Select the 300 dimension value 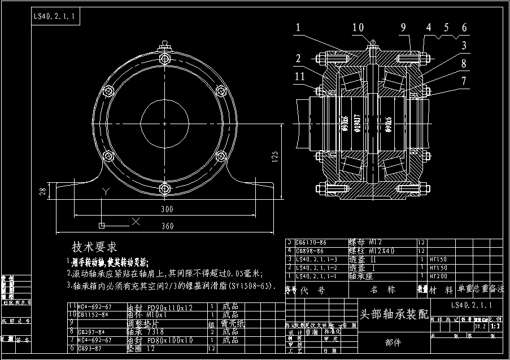(166, 209)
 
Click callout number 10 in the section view (358, 27)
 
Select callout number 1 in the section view (298, 27)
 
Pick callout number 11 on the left (299, 76)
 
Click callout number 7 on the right (463, 81)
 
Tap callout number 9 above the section (403, 27)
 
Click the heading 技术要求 (94, 247)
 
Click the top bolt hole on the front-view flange (164, 59)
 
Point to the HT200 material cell (439, 276)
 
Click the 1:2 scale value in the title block (495, 326)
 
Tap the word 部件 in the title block (394, 341)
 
